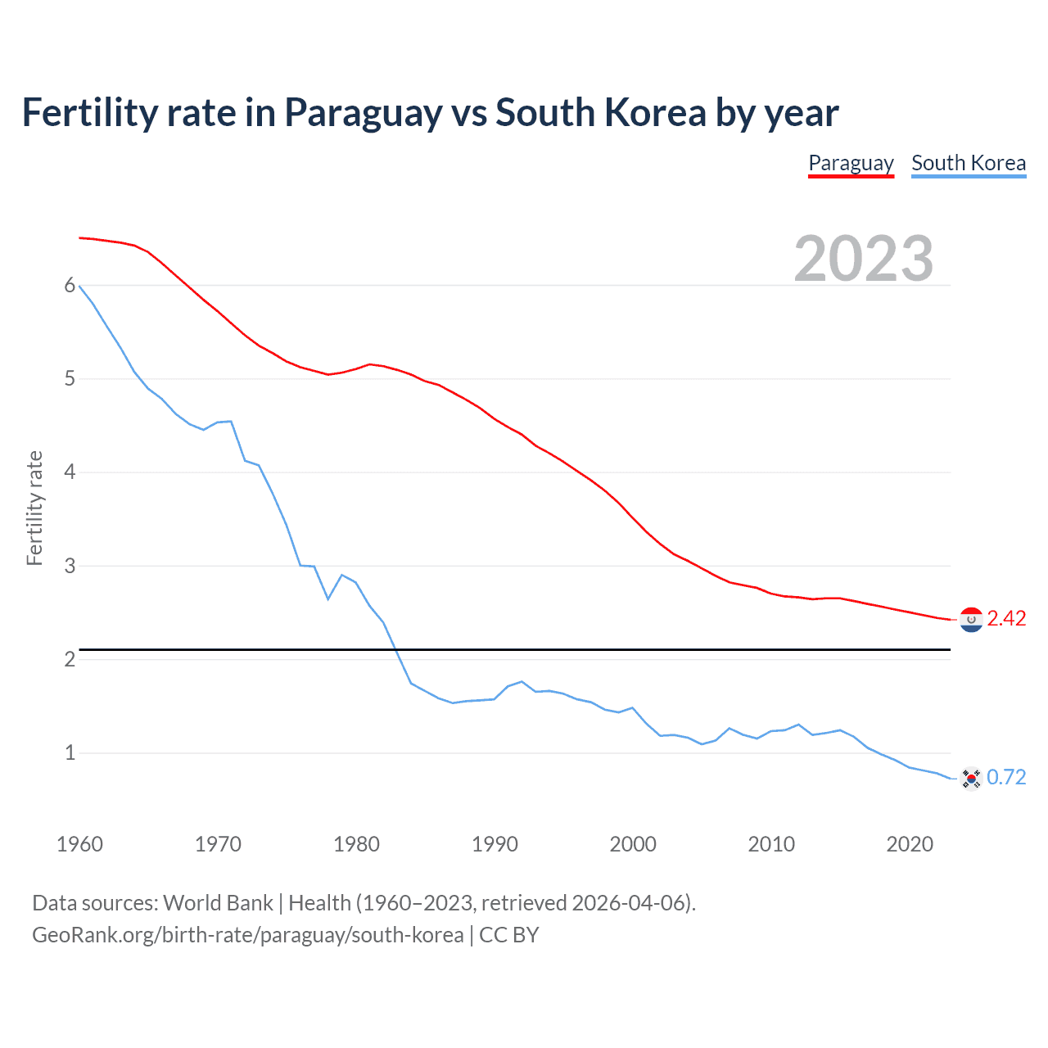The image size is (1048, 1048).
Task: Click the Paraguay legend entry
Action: coord(851,163)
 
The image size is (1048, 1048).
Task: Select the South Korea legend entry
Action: coord(969,163)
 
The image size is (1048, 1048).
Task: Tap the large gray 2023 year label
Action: coord(864,259)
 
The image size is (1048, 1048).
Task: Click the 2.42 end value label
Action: coord(1006,619)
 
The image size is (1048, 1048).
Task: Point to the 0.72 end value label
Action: coord(1006,777)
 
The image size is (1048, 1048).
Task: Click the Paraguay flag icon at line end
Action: coord(971,620)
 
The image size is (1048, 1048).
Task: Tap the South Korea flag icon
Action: coord(971,778)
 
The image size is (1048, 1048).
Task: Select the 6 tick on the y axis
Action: coord(70,286)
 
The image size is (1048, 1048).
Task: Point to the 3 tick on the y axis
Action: coord(70,566)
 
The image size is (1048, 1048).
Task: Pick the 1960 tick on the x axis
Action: coord(79,844)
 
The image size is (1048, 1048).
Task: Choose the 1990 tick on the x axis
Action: coord(495,844)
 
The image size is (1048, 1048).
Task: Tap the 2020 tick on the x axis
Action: coord(910,844)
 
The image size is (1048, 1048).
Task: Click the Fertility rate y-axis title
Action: coord(34,508)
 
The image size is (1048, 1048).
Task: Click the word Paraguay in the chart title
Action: coord(363,113)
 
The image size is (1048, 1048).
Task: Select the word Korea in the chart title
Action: coord(655,113)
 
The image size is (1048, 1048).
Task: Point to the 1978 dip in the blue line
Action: coord(328,599)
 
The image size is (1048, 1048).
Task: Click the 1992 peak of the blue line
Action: coord(522,681)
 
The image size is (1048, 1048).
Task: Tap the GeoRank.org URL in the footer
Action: coord(247,935)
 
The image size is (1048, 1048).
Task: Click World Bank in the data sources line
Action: coord(218,903)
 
